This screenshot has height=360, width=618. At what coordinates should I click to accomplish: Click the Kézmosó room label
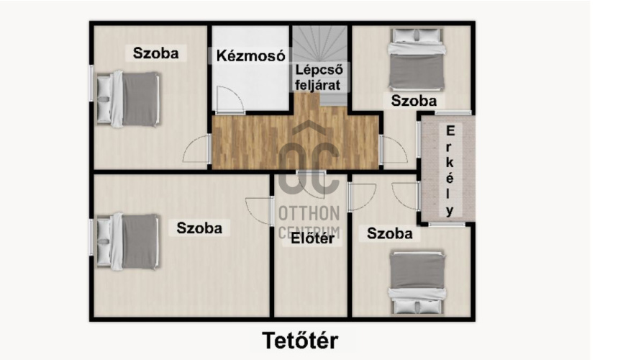tap(250, 56)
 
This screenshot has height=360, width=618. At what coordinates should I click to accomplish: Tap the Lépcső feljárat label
tap(319, 77)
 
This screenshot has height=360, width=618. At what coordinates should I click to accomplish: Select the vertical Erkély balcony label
tap(450, 171)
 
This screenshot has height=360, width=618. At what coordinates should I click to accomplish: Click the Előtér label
tap(312, 238)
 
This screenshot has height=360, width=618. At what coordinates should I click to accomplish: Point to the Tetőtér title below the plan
tap(300, 341)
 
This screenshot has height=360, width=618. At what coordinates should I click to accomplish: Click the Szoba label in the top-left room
tap(155, 53)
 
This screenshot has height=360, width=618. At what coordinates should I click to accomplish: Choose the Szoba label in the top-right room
tap(414, 101)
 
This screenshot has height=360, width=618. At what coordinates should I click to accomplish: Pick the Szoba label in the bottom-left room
tap(199, 228)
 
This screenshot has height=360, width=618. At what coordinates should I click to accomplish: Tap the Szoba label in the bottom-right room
tap(390, 233)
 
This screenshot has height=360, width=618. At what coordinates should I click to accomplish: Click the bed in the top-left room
tap(128, 99)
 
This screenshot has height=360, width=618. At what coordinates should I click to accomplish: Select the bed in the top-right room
tap(417, 59)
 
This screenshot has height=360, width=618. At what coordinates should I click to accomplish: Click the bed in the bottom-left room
tap(128, 241)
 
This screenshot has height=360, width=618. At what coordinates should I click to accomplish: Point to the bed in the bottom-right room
tap(417, 283)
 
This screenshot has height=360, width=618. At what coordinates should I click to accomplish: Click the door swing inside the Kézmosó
tap(230, 100)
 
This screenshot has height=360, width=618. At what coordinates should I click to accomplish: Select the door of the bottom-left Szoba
tap(259, 212)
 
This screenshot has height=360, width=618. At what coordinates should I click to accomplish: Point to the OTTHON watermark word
tap(309, 213)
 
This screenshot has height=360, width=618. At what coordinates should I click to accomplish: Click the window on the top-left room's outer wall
tap(91, 84)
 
